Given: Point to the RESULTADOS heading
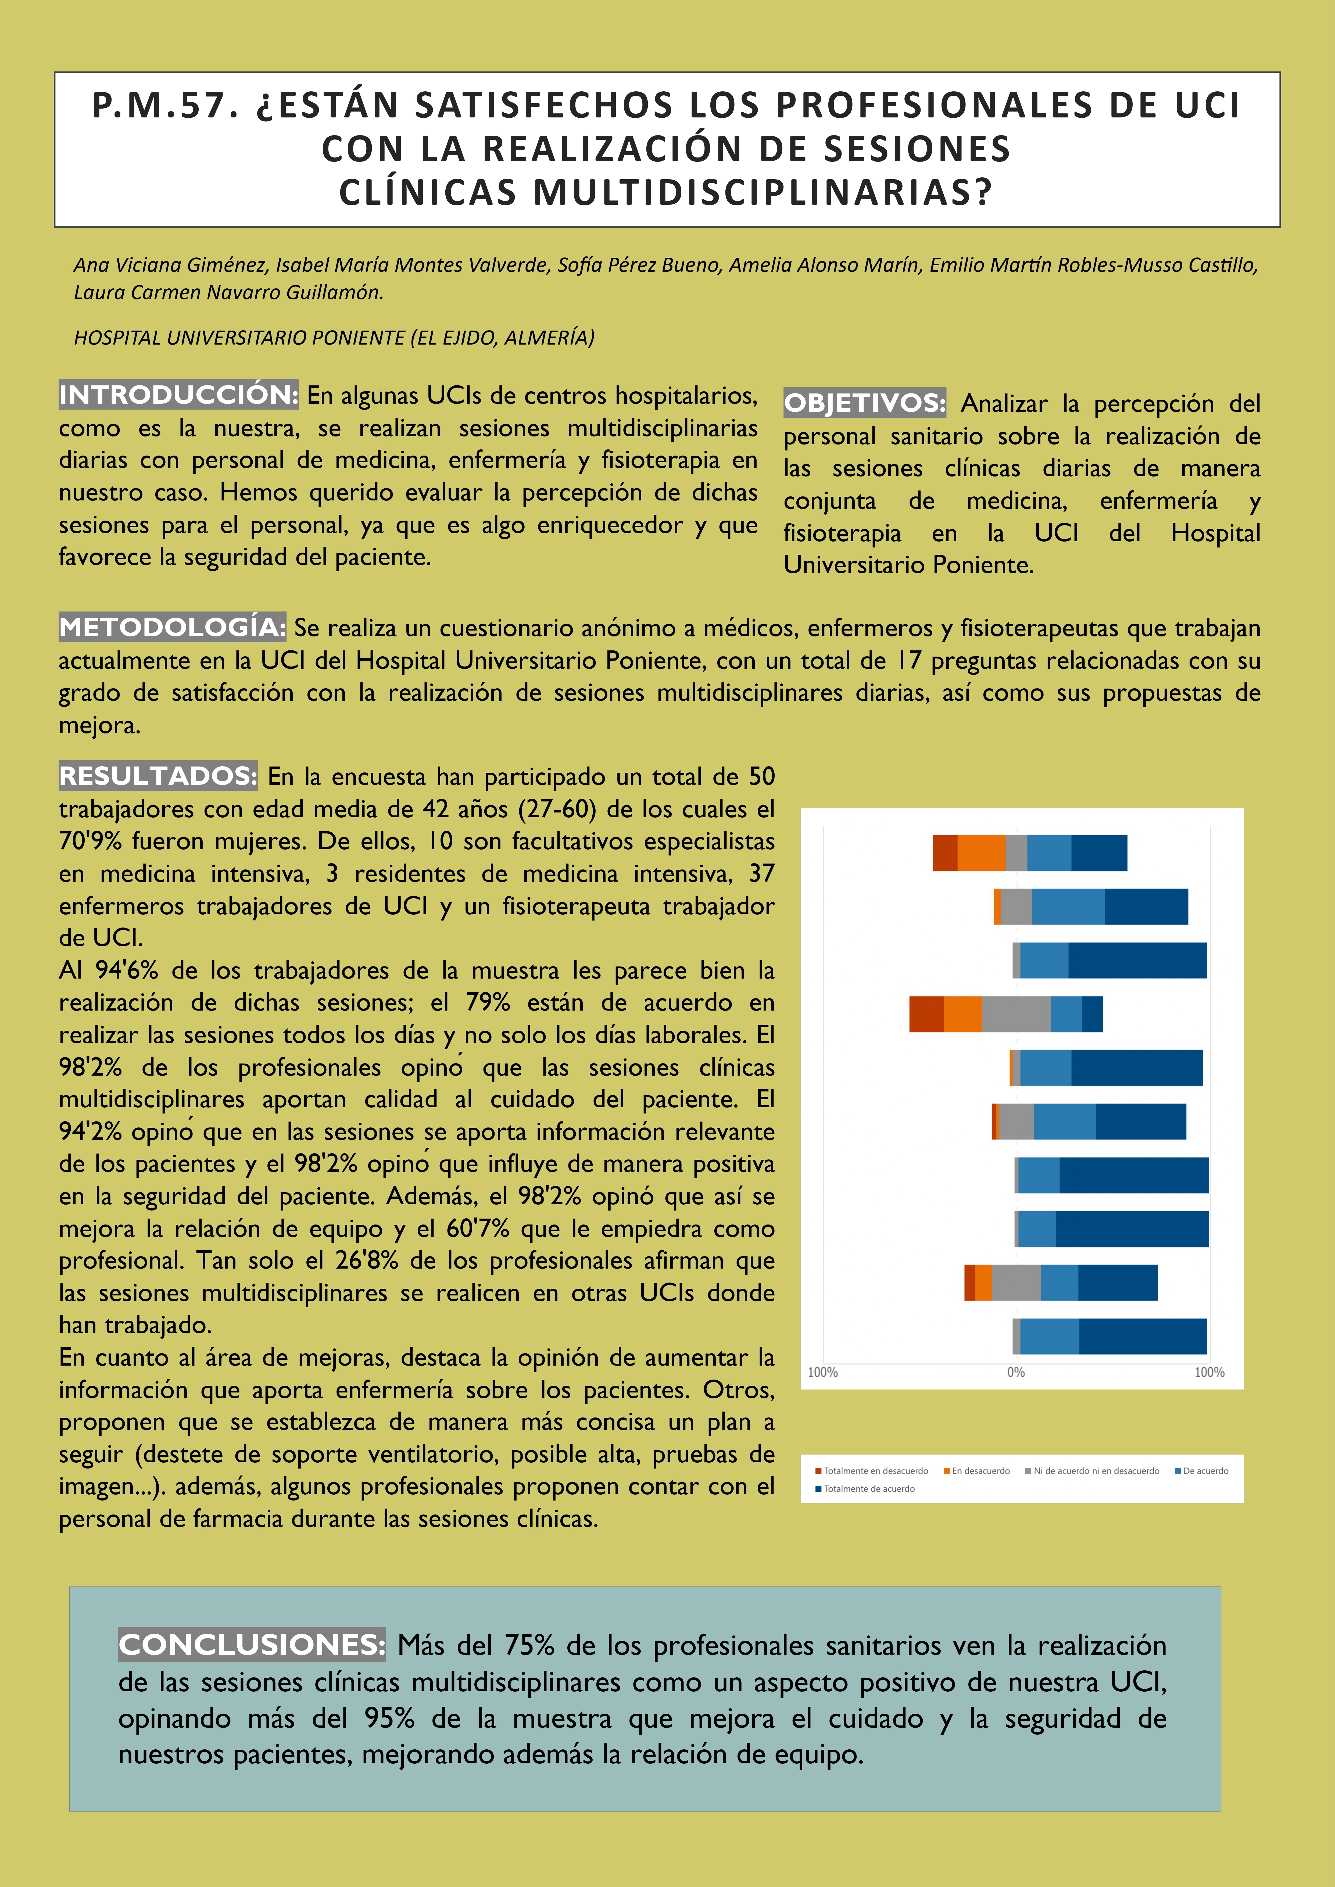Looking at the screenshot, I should pyautogui.click(x=158, y=776).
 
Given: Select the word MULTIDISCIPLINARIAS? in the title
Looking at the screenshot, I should pyautogui.click(x=763, y=192).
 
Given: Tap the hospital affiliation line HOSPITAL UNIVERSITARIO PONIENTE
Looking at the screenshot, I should pyautogui.click(x=334, y=338).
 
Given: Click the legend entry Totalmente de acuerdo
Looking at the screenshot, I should pyautogui.click(x=869, y=1488).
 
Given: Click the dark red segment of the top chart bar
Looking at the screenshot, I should pyautogui.click(x=944, y=852).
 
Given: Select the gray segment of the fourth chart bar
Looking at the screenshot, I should pyautogui.click(x=1016, y=1013).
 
